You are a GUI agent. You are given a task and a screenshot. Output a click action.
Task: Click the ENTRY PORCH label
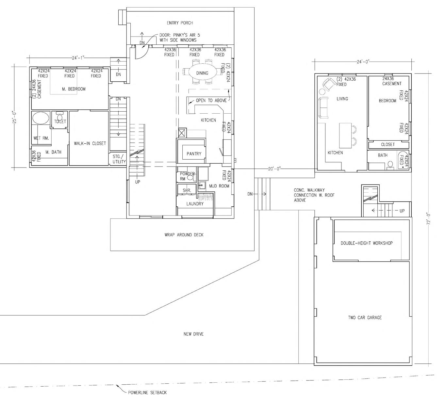coord(180,23)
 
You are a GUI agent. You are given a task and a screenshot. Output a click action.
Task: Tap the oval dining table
coord(202,73)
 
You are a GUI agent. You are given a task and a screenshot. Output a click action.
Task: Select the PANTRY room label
coord(194,153)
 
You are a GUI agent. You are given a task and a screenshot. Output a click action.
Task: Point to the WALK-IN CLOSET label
coord(90,143)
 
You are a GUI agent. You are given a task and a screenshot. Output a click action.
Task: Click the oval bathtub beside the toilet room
coord(41,118)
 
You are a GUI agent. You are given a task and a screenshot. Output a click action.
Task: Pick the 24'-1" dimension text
coord(78,58)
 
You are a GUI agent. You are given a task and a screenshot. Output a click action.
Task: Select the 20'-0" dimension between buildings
coord(274,169)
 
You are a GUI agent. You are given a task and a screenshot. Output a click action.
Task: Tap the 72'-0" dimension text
coord(428,218)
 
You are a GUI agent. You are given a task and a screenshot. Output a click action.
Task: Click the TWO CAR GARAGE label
coord(365,317)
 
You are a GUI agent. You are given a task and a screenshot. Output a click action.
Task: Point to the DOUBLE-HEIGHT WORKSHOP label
coord(367,243)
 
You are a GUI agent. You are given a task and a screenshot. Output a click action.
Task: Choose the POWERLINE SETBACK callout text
coord(147,392)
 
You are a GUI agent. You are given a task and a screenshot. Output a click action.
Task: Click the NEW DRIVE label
coord(193,334)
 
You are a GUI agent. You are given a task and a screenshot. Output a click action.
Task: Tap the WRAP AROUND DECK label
coord(184,235)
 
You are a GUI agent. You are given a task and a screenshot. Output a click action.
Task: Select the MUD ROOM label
coord(219,186)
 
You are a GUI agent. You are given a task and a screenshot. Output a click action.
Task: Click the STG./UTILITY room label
coord(119,159)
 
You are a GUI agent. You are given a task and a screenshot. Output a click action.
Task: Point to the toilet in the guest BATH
coord(390,165)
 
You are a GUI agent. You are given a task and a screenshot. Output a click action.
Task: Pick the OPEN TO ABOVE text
coord(211,100)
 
